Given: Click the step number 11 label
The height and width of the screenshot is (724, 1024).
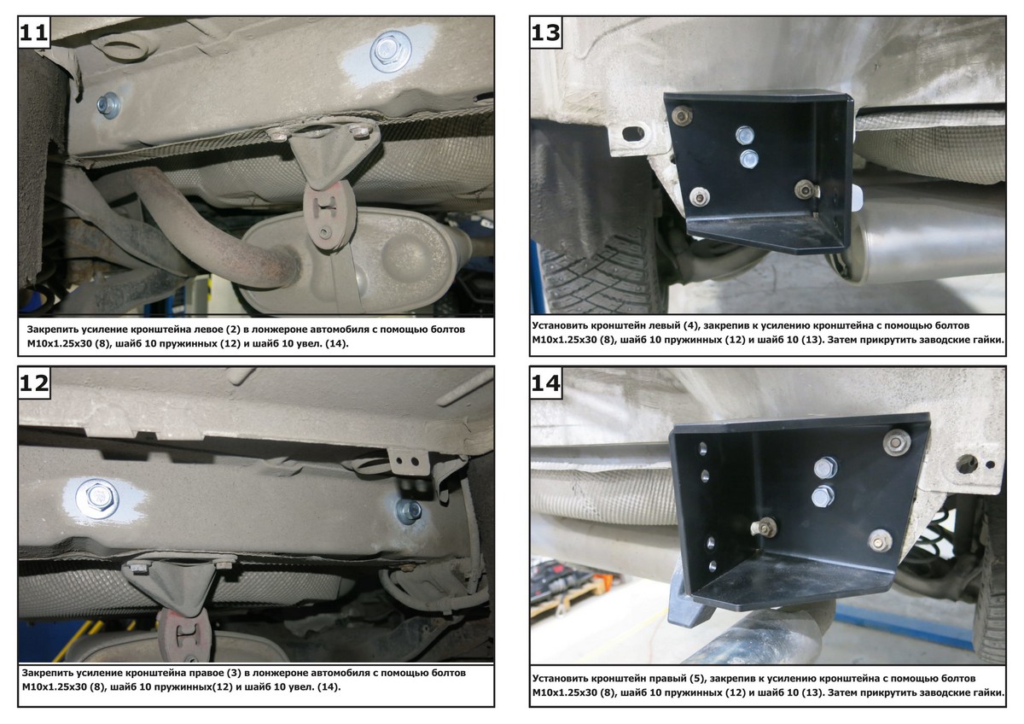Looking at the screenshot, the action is [x=34, y=32].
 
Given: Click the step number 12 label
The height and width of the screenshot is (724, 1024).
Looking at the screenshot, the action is [x=34, y=382].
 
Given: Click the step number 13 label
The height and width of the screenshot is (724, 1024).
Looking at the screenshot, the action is [x=546, y=32].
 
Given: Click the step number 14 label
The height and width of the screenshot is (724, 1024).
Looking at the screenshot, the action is [x=546, y=382].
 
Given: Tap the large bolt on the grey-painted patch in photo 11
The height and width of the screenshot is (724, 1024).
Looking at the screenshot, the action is [x=389, y=50].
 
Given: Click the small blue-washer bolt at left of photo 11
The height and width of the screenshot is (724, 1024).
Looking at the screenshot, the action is [x=109, y=106].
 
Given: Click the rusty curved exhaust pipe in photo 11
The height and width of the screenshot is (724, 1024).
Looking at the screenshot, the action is [x=215, y=229].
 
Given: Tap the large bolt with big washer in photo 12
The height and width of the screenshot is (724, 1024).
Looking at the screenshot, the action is [x=97, y=498].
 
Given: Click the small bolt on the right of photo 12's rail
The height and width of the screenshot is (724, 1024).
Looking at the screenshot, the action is [x=409, y=511].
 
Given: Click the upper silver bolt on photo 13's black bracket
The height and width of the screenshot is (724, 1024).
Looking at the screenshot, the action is [x=745, y=135].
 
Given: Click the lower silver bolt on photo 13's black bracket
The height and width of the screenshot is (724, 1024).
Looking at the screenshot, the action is [x=748, y=159].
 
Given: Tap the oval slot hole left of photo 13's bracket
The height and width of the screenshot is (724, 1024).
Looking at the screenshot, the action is [x=633, y=134].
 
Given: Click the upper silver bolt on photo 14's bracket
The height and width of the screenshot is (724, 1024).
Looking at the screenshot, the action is [x=825, y=467].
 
